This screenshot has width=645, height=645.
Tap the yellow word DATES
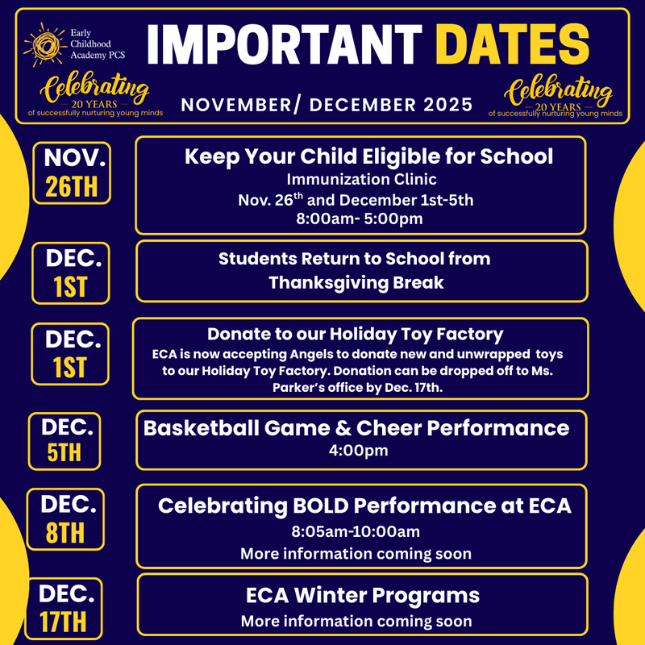point(514,46)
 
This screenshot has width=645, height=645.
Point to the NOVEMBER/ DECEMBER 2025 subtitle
point(326,106)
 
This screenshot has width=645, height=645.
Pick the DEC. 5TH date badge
point(64,440)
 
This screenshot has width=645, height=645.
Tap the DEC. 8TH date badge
point(64,519)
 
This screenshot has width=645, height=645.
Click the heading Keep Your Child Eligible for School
point(369,156)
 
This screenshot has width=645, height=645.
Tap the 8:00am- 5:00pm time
point(360,218)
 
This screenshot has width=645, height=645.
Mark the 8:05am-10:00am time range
point(356,532)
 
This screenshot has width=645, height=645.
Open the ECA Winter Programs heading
point(363,596)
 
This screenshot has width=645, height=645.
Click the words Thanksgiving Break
point(356,283)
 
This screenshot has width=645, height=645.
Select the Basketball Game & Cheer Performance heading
point(356,428)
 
